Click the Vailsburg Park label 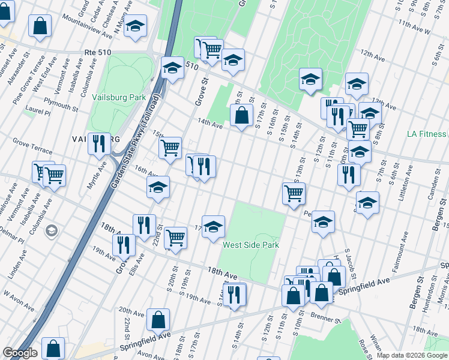[119, 97]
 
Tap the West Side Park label [250, 245]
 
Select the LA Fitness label [426, 134]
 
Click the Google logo [20, 353]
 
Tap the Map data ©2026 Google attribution [412, 355]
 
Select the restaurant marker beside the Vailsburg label [99, 145]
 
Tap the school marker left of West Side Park [213, 227]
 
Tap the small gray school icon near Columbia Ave [52, 230]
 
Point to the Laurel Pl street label [37, 110]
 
